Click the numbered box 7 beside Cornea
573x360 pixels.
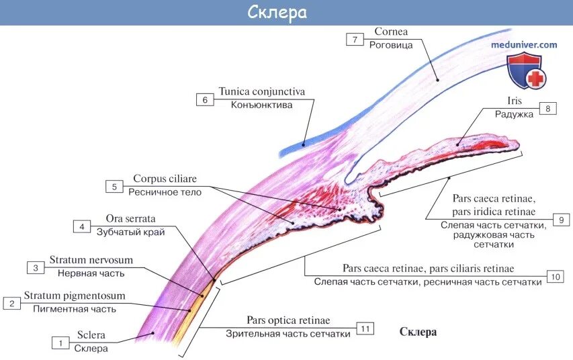(x=355, y=39)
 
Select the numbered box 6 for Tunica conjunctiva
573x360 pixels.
(x=204, y=100)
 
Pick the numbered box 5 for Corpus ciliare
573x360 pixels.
(x=114, y=186)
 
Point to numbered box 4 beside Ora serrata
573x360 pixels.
(x=82, y=226)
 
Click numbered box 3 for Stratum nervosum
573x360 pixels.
(x=35, y=268)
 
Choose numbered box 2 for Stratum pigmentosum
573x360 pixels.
(x=11, y=303)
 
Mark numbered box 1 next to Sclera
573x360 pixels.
(x=60, y=343)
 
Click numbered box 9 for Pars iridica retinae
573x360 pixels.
(x=561, y=220)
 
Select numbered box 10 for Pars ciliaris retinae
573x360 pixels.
(x=554, y=276)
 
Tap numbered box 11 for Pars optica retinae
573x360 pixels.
(x=365, y=328)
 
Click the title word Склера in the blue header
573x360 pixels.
(x=287, y=13)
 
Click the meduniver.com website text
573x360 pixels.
(x=524, y=45)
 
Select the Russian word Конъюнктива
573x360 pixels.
(x=262, y=105)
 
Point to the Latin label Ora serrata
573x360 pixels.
(x=130, y=219)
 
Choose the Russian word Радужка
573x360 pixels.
(x=514, y=114)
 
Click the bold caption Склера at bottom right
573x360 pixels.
(x=418, y=332)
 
